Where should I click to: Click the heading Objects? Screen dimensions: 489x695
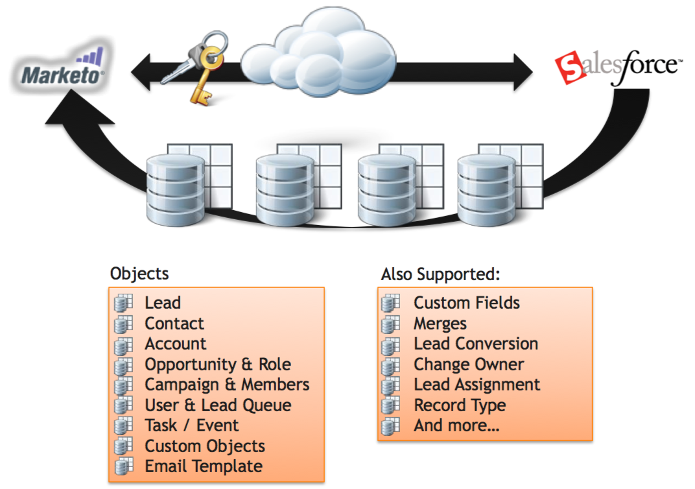139,273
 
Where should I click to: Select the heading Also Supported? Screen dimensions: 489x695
440,274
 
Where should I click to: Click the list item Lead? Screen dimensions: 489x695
163,303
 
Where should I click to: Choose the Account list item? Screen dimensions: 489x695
176,344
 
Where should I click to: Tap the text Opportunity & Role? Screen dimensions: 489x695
218,364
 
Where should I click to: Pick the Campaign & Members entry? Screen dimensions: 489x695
227,385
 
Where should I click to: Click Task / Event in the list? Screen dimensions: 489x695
192,425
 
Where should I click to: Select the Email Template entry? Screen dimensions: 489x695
204,466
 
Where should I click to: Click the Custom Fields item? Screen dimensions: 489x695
467,303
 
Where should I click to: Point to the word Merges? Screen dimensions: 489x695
440,324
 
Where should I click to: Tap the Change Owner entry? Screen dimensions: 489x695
469,364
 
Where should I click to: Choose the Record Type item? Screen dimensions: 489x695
460,405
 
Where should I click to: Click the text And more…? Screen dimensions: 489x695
457,426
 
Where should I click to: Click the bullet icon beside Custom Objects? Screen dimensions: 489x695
123,446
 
